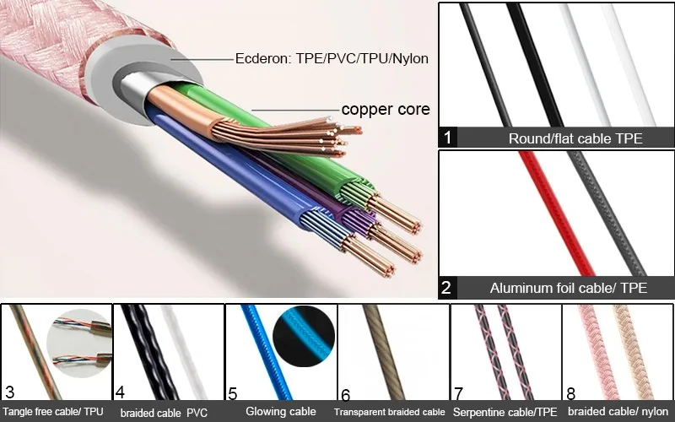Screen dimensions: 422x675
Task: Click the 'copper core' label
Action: [x=386, y=109]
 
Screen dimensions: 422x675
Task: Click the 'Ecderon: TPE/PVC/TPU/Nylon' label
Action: [x=332, y=59]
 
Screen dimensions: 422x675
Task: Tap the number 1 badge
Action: [x=447, y=137]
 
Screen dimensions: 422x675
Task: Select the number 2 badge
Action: [x=447, y=287]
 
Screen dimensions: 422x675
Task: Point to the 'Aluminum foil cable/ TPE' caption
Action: [x=569, y=288]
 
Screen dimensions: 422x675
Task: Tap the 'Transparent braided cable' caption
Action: [x=390, y=413]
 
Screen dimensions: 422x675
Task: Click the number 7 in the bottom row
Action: [x=459, y=393]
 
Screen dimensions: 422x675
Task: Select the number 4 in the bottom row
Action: [x=120, y=392]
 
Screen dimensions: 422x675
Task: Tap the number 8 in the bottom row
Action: [x=571, y=393]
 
